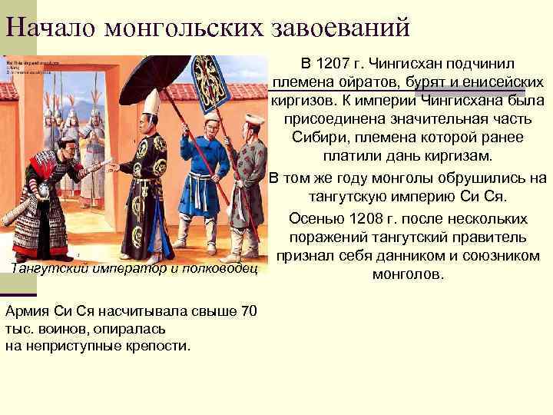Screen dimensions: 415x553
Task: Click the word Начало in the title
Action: point(51,27)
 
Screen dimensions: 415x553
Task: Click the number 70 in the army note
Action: point(247,312)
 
